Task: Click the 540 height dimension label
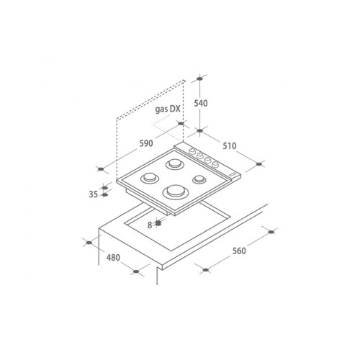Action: tap(201, 104)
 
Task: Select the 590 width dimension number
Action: tap(146, 143)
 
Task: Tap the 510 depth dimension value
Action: tap(230, 146)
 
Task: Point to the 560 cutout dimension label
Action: tap(239, 251)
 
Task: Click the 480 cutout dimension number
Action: tap(113, 258)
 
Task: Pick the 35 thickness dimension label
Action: tap(94, 194)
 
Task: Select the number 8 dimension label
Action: tap(150, 225)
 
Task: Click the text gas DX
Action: tap(168, 109)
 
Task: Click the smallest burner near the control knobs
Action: tap(199, 179)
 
